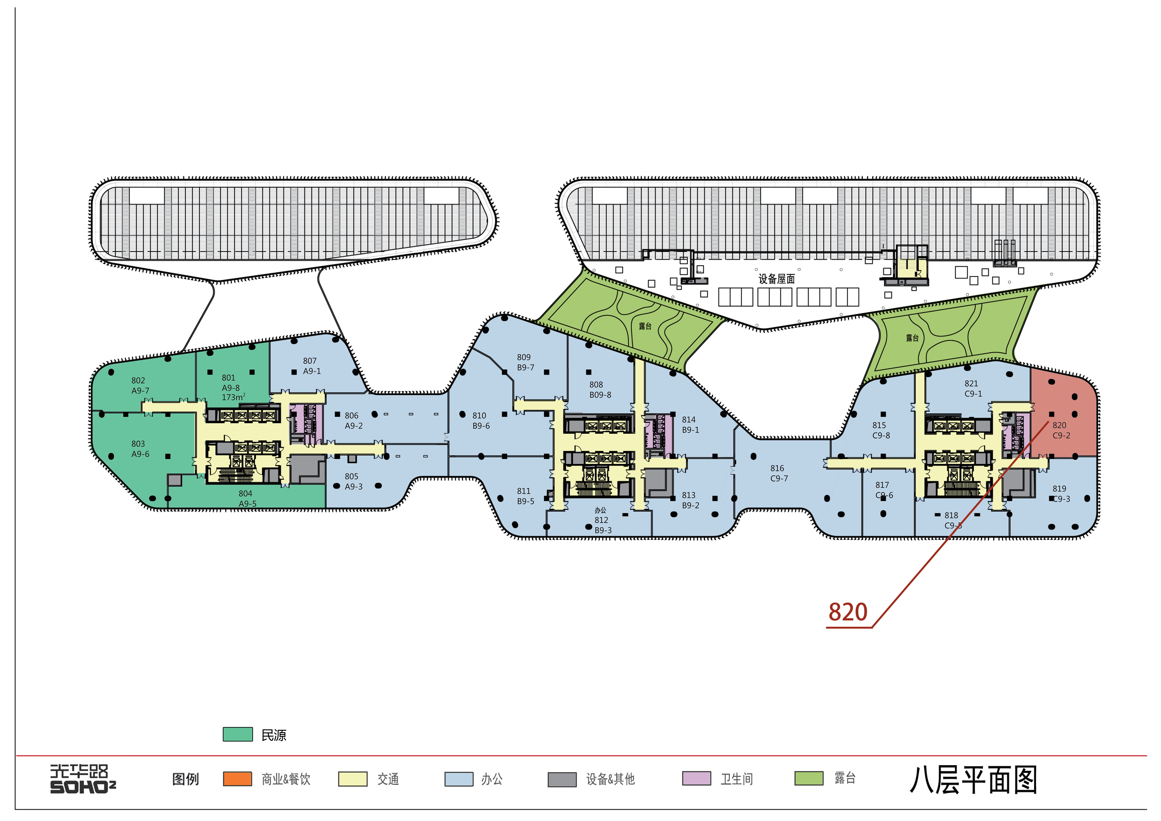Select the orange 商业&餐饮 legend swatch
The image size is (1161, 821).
click(238, 779)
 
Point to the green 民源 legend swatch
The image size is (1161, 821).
click(238, 735)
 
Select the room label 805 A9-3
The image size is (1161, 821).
click(353, 481)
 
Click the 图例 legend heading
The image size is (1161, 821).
click(186, 779)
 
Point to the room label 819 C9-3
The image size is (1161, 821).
click(1061, 493)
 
